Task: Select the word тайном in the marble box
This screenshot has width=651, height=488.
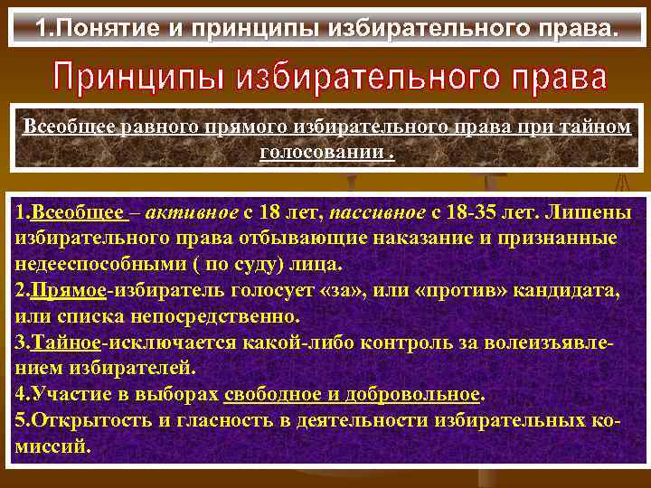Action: click(597, 127)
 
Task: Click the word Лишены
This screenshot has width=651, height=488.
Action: click(598, 213)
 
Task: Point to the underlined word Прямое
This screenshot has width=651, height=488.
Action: click(67, 292)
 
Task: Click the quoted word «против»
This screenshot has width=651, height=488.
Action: click(460, 292)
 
